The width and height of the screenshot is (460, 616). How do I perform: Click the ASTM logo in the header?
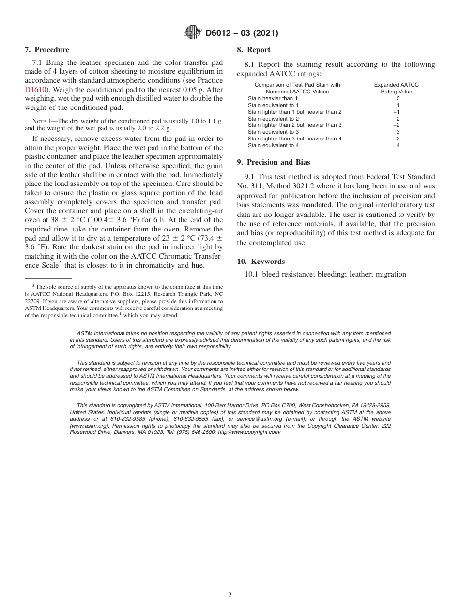(x=193, y=33)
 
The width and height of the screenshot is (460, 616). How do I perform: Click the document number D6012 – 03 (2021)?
(x=242, y=33)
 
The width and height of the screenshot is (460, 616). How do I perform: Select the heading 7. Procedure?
(x=47, y=50)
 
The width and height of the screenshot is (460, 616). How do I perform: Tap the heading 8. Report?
(x=254, y=50)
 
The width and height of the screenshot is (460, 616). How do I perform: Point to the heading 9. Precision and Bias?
(x=274, y=162)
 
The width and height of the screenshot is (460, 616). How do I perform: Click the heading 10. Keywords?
(x=261, y=262)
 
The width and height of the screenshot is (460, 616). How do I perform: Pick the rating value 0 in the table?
(x=398, y=98)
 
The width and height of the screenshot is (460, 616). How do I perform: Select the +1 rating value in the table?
(x=396, y=112)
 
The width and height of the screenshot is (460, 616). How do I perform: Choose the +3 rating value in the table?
(x=396, y=139)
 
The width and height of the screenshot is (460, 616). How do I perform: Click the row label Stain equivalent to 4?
(x=273, y=145)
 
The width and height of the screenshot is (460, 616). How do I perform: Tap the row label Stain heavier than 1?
(x=273, y=98)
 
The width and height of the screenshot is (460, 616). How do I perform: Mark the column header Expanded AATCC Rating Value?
(x=396, y=88)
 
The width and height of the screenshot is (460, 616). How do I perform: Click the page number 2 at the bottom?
(x=230, y=595)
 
